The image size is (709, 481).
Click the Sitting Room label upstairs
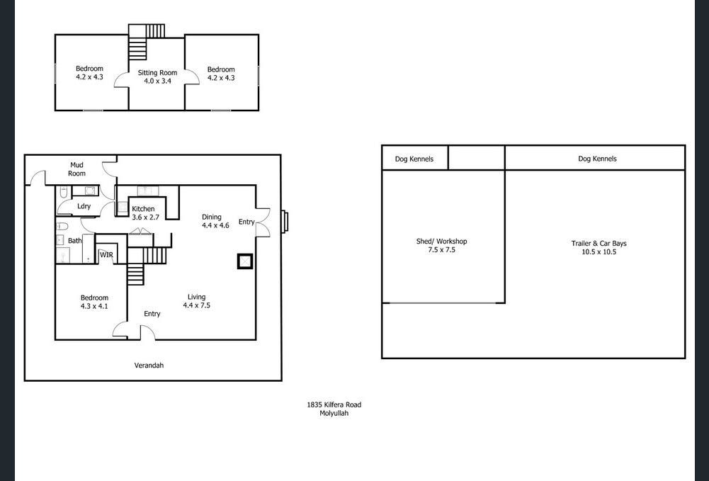click(x=157, y=72)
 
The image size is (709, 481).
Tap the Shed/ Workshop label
click(x=441, y=242)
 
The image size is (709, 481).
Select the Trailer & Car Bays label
click(x=599, y=243)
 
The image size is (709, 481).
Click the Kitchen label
click(x=143, y=209)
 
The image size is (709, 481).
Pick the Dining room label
click(x=212, y=217)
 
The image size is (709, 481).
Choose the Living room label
click(x=197, y=297)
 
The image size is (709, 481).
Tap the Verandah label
click(x=149, y=366)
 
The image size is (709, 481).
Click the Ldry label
click(x=84, y=206)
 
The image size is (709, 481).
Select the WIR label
click(x=106, y=255)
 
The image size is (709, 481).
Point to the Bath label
click(x=74, y=241)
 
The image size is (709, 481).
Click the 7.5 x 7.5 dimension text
click(x=441, y=250)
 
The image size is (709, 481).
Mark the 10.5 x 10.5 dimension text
click(x=599, y=251)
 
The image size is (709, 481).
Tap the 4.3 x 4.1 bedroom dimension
click(x=94, y=306)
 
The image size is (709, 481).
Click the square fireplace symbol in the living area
click(x=245, y=261)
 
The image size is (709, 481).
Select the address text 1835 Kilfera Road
click(x=334, y=404)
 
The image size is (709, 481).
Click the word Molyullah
click(x=334, y=413)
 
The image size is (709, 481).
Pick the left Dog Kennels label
click(x=414, y=159)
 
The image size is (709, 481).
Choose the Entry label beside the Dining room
click(x=246, y=222)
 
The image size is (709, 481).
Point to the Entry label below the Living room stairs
click(x=152, y=314)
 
